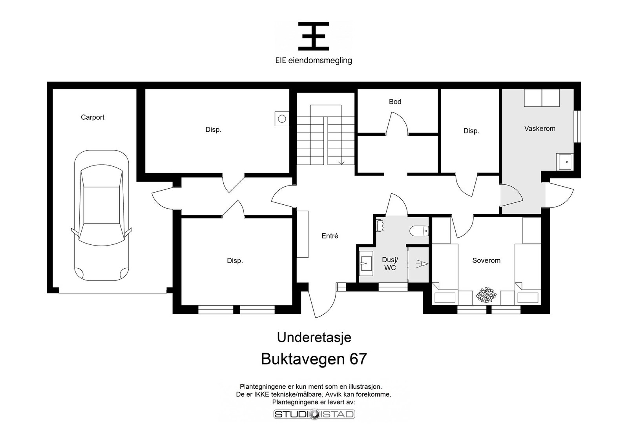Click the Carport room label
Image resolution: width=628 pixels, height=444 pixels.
(x=93, y=117)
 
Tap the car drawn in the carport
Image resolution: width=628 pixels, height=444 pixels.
(x=102, y=215)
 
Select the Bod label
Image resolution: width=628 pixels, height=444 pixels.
(x=395, y=102)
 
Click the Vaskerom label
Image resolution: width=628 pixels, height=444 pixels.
(x=540, y=129)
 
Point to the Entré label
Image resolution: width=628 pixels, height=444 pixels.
(x=330, y=236)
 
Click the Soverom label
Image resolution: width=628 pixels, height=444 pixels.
(x=486, y=260)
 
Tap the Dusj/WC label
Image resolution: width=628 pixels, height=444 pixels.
(x=390, y=264)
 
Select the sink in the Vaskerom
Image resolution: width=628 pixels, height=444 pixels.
(x=565, y=162)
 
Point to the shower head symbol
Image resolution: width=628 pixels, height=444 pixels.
(x=422, y=264)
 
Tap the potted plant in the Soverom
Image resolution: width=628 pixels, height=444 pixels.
(x=486, y=295)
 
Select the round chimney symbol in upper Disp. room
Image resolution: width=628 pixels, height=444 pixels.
(x=282, y=119)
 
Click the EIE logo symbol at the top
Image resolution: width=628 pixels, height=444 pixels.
(x=314, y=36)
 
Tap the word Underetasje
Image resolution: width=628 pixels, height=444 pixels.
(x=314, y=338)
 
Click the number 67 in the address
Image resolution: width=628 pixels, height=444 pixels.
(x=358, y=359)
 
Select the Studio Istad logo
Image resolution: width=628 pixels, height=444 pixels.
(x=314, y=414)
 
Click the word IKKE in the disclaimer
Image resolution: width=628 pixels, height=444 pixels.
(x=261, y=395)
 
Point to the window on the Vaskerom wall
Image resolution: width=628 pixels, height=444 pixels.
(x=577, y=127)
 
